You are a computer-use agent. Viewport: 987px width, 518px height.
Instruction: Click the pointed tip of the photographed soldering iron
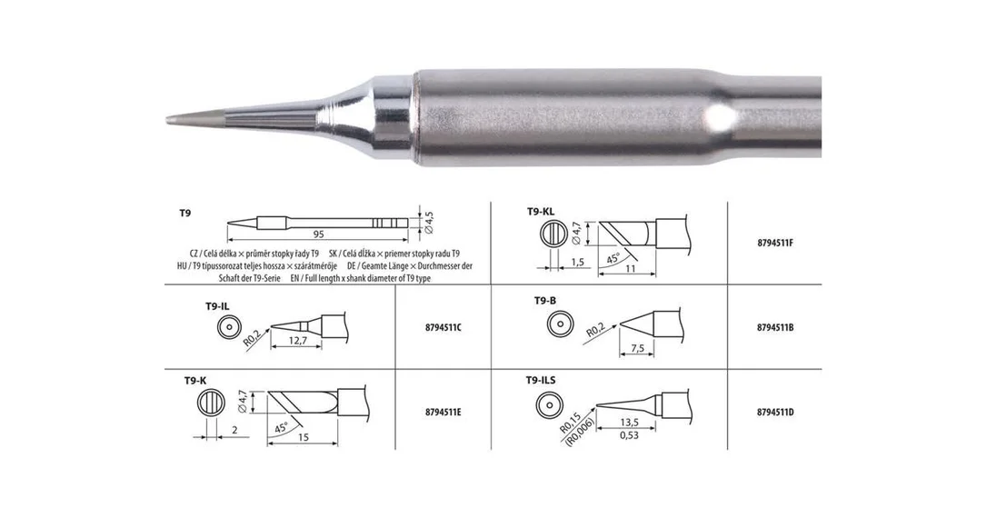[168, 120]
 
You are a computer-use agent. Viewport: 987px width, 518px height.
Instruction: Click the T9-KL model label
[541, 212]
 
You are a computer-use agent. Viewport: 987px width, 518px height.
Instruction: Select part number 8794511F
[775, 243]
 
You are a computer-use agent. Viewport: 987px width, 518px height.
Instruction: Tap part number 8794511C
[444, 327]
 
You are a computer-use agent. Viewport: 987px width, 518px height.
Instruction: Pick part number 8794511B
[775, 327]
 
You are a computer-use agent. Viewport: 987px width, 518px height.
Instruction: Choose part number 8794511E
[444, 413]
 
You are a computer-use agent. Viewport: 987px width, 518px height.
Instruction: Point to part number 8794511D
[775, 413]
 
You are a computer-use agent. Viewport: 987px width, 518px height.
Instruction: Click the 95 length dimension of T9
[318, 234]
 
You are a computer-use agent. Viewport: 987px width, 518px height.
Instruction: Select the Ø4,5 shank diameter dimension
[429, 223]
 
